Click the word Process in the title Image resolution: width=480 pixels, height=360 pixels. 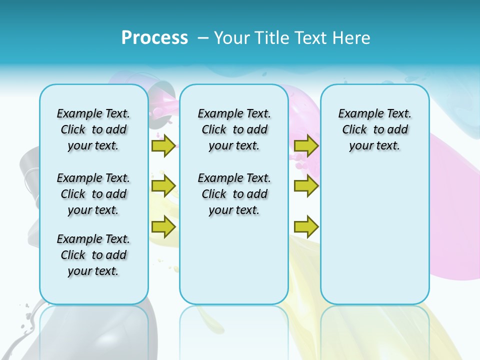pyautogui.click(x=154, y=38)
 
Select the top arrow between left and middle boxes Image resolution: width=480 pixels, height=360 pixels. pyautogui.click(x=163, y=145)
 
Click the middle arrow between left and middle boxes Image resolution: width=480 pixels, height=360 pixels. pyautogui.click(x=163, y=186)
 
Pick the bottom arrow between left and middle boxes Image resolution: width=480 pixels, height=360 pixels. pyautogui.click(x=163, y=226)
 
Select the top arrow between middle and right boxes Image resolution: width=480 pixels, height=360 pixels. pyautogui.click(x=306, y=145)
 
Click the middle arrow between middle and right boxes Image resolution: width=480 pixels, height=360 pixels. pyautogui.click(x=306, y=186)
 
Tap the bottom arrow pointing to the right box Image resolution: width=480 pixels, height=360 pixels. pyautogui.click(x=306, y=226)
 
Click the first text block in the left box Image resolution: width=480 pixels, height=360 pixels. pyautogui.click(x=93, y=129)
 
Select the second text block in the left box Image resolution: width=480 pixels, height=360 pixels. pyautogui.click(x=93, y=194)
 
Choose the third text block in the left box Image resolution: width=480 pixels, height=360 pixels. pyautogui.click(x=93, y=255)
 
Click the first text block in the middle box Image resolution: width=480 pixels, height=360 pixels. pyautogui.click(x=234, y=129)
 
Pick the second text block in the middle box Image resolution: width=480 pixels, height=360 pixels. pyautogui.click(x=234, y=194)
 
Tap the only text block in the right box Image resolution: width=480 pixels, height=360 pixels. pyautogui.click(x=374, y=129)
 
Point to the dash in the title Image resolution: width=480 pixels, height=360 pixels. pyautogui.click(x=203, y=38)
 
